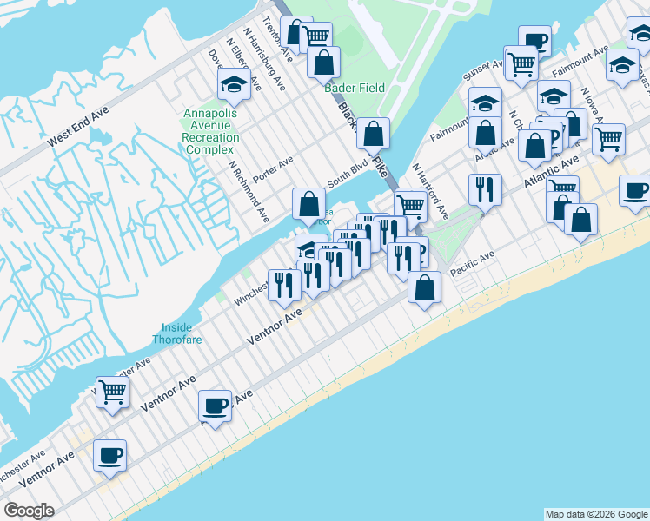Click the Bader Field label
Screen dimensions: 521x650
(x=354, y=88)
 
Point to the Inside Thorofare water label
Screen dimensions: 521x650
(x=182, y=333)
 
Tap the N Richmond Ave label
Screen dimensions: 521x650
(x=249, y=190)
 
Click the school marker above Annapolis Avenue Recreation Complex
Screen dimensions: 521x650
(x=234, y=83)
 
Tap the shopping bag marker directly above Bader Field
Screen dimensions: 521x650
(x=323, y=63)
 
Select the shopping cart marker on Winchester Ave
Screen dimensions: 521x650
(x=113, y=392)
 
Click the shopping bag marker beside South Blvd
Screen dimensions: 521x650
(x=308, y=204)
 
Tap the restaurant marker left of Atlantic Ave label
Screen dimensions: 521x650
(x=485, y=188)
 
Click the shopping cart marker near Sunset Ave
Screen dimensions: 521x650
(x=521, y=63)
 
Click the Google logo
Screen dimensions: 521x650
(x=30, y=511)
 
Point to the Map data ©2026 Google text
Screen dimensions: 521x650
(x=595, y=514)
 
